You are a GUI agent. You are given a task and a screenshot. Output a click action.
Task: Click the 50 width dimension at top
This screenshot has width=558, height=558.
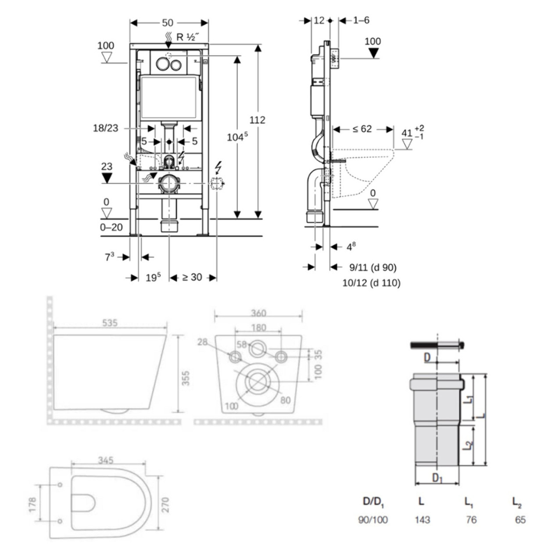pyautogui.click(x=168, y=23)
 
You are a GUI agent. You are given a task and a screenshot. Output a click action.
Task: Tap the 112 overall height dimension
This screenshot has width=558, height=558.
pyautogui.click(x=258, y=120)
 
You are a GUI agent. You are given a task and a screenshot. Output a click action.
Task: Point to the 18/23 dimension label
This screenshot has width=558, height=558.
pyautogui.click(x=105, y=128)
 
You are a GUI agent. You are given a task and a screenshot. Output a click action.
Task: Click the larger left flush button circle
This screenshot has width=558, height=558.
pyautogui.click(x=162, y=64)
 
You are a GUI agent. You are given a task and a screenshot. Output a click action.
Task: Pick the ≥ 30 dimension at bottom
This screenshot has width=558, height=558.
pyautogui.click(x=192, y=277)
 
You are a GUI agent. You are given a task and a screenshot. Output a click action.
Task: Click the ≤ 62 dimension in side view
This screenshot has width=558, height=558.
pyautogui.click(x=362, y=129)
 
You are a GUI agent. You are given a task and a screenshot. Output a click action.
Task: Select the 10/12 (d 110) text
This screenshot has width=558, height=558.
pyautogui.click(x=371, y=283)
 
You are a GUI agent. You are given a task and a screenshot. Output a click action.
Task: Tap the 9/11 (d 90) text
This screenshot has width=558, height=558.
pyautogui.click(x=372, y=267)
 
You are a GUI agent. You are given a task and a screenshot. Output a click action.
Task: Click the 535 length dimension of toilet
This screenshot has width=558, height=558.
pyautogui.click(x=110, y=322)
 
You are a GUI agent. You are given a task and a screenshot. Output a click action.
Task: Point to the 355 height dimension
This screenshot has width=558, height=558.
pyautogui.click(x=186, y=378)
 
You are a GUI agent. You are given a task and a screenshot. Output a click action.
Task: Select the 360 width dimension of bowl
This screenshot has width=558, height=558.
pyautogui.click(x=258, y=313)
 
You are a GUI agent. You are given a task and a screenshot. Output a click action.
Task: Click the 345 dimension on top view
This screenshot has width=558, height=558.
pyautogui.click(x=106, y=460)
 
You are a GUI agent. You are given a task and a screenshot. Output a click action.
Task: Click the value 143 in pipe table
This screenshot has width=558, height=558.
pyautogui.click(x=422, y=520)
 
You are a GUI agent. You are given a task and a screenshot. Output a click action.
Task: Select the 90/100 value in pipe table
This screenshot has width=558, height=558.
pyautogui.click(x=373, y=520)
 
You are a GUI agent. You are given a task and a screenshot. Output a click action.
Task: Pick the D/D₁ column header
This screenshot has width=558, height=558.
pyautogui.click(x=373, y=501)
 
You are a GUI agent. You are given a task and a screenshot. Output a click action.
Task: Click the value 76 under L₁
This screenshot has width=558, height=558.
pyautogui.click(x=471, y=520)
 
